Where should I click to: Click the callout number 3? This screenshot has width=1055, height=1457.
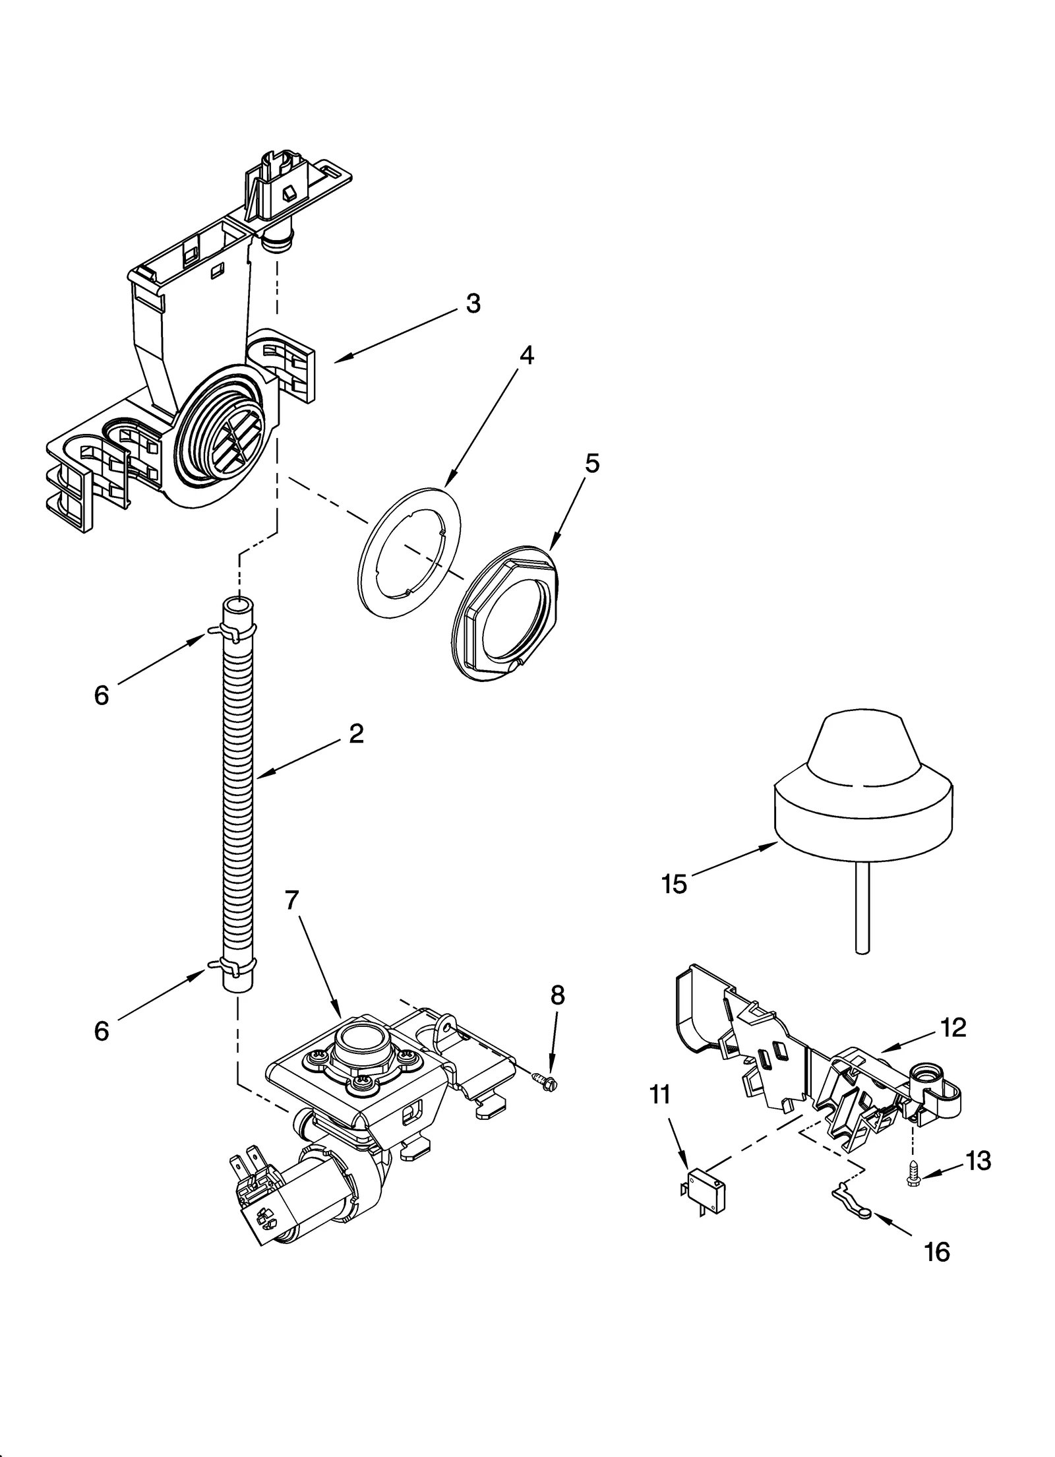tap(473, 303)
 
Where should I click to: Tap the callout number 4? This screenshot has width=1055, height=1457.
tap(526, 356)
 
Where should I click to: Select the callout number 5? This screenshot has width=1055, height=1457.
tap(592, 464)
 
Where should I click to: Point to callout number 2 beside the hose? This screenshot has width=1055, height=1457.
tap(356, 733)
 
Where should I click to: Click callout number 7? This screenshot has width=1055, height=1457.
tap(292, 900)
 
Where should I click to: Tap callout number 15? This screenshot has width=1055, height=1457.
tap(674, 884)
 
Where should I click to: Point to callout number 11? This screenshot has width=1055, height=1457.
tap(659, 1095)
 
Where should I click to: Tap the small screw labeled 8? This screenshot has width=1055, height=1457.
tap(545, 1080)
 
